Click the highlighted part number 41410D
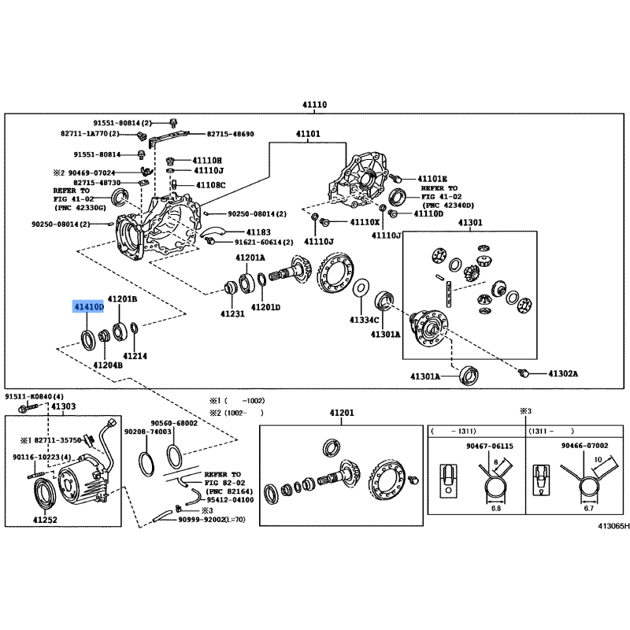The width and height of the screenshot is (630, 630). click(x=88, y=307)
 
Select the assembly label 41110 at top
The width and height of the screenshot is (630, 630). click(x=314, y=105)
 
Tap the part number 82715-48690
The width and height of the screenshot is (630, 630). click(x=230, y=134)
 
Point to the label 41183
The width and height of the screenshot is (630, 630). click(x=258, y=232)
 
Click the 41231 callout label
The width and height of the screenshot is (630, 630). click(x=232, y=313)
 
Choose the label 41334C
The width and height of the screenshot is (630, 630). click(x=364, y=320)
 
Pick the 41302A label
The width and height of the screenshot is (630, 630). click(x=563, y=373)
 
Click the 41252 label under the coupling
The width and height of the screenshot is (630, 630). click(x=45, y=520)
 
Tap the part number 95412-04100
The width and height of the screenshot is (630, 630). click(x=230, y=500)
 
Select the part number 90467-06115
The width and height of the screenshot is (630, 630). click(x=489, y=446)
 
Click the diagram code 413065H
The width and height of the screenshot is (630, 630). click(x=613, y=526)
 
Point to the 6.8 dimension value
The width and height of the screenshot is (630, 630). click(x=496, y=508)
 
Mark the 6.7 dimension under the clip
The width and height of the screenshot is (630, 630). click(x=588, y=508)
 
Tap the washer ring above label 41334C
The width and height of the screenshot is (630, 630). click(x=361, y=287)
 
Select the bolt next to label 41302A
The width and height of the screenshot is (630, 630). click(x=524, y=372)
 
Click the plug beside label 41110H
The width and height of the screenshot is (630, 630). click(x=170, y=161)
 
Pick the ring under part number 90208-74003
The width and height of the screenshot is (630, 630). click(x=146, y=463)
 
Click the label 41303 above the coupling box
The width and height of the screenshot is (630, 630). click(x=64, y=406)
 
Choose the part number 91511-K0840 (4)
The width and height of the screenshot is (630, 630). click(x=34, y=397)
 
